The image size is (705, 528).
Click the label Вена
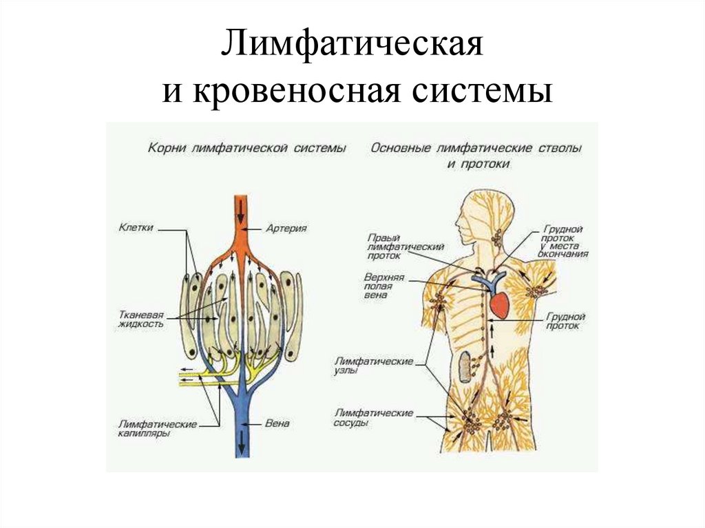click(277, 423)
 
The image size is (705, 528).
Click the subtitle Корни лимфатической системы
click(246, 147)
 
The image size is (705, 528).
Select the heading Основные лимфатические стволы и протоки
click(476, 155)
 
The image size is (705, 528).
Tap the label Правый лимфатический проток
click(405, 246)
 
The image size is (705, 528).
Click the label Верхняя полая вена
click(384, 286)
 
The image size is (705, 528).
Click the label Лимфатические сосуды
click(373, 418)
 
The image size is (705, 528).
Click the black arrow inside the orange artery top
click(240, 209)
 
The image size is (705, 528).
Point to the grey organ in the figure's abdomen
click(466, 366)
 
